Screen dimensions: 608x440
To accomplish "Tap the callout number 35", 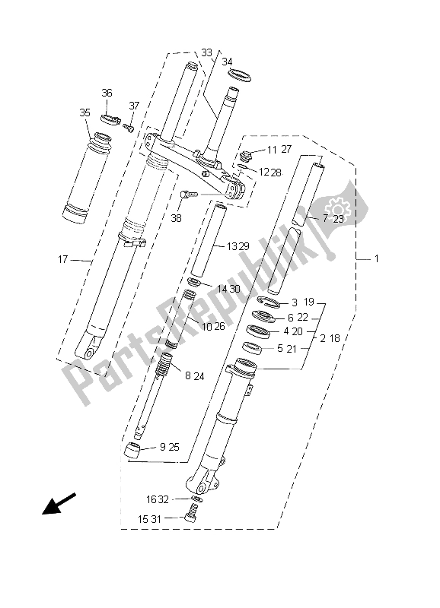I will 84,112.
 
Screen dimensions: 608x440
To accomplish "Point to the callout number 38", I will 177,217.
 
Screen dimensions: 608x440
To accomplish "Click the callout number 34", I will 228,62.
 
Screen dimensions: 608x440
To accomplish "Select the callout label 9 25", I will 169,447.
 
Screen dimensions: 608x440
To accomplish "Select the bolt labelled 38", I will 188,196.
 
